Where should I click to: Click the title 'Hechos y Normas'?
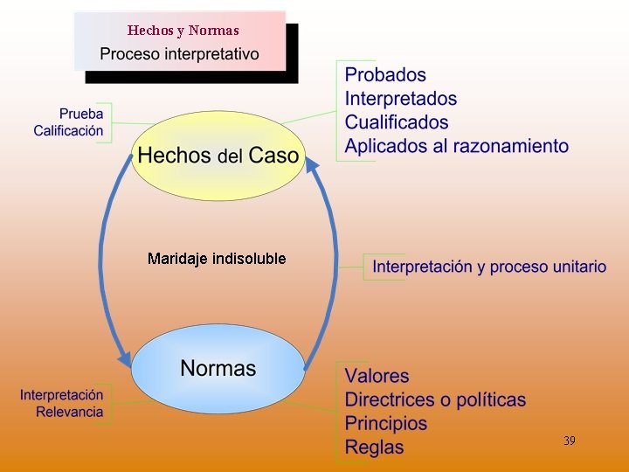coord(183,31)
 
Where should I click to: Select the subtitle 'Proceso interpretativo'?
coord(179,53)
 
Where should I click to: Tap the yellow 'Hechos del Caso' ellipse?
coord(218,156)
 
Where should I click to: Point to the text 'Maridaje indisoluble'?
coord(217,259)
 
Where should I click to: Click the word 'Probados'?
coord(385,75)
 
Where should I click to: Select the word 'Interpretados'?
coord(400,99)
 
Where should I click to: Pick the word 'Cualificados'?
coord(397,122)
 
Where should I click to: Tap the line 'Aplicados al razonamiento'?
coord(456,146)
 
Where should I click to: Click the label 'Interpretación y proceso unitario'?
coord(489,267)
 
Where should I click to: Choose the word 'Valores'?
coord(377,376)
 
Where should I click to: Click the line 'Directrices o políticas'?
coord(435,399)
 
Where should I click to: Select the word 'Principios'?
coord(386,423)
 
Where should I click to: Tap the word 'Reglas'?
coord(374,447)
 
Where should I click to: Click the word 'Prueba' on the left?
coord(81,114)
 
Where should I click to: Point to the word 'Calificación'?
coord(68,131)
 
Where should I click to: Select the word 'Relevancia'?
coord(70,412)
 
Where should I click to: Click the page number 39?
coord(569,441)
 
